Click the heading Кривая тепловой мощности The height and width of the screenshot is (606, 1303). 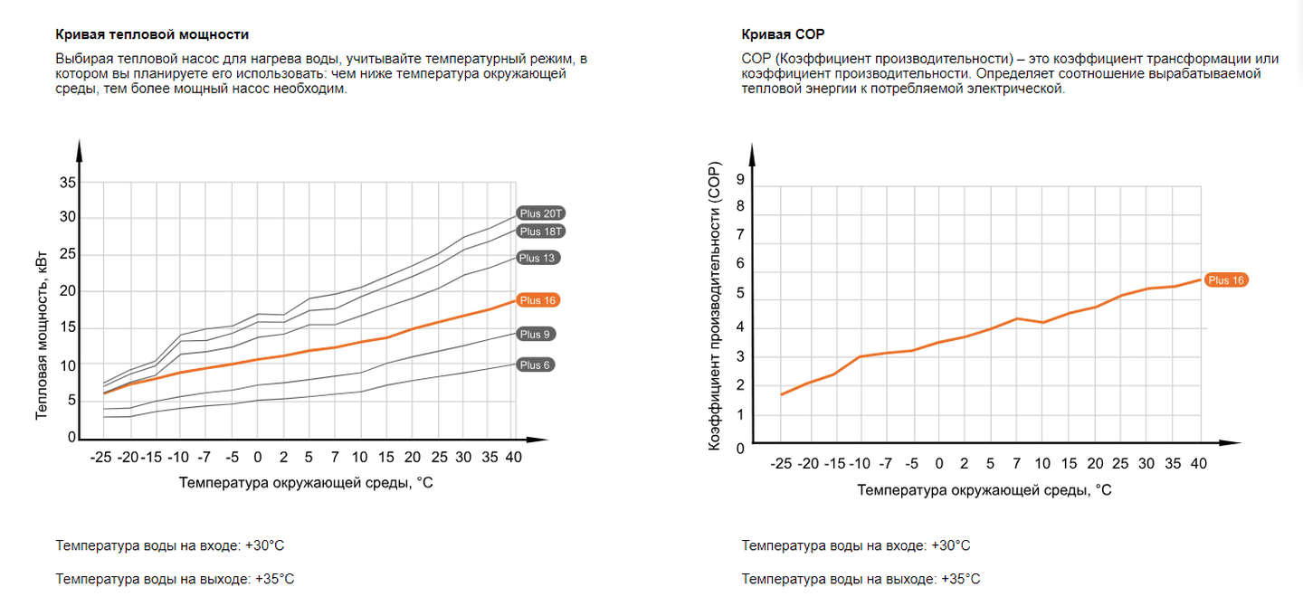click(x=152, y=35)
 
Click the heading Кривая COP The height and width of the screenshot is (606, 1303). click(x=783, y=35)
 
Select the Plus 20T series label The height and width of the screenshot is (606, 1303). click(x=541, y=213)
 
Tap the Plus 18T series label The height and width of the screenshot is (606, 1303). click(x=541, y=232)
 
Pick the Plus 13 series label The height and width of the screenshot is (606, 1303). click(x=538, y=258)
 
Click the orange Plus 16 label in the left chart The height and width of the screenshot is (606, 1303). click(x=538, y=300)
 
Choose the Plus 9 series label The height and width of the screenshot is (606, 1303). click(x=536, y=335)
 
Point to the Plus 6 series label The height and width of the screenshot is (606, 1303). click(x=536, y=365)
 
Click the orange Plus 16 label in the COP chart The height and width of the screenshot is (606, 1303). click(x=1226, y=280)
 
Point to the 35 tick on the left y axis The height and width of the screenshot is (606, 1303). click(x=68, y=183)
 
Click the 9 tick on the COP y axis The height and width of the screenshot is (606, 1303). click(x=740, y=179)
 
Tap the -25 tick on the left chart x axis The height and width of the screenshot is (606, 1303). click(x=100, y=458)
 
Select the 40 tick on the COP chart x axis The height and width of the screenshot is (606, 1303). click(x=1200, y=464)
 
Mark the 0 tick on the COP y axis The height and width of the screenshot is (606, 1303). click(x=740, y=448)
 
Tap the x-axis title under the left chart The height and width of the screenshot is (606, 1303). click(x=306, y=483)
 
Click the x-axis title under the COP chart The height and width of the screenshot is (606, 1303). click(x=984, y=489)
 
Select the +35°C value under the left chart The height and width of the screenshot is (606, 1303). click(x=274, y=579)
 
